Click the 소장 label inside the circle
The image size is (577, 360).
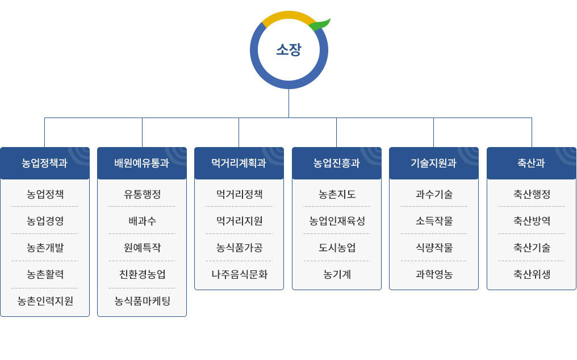coord(288,50)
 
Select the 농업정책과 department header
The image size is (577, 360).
coord(45,164)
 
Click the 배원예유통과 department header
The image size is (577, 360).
coord(142,164)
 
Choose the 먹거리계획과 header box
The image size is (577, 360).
coord(239,164)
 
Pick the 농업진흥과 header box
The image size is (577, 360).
coord(337,164)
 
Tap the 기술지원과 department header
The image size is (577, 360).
coord(434,164)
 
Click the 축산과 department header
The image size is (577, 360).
coord(532,164)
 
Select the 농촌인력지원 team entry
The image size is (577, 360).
coord(45,302)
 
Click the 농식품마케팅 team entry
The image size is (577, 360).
coord(143,302)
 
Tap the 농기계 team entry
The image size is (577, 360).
coord(337,275)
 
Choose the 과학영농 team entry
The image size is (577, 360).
coord(434,275)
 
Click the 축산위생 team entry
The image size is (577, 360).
coord(532,275)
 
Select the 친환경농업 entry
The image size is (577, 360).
coord(143,275)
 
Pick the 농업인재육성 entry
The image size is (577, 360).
coord(337,221)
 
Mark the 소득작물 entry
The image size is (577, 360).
coord(434,221)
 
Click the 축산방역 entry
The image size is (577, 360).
coord(532,221)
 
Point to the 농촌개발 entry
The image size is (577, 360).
coord(45,248)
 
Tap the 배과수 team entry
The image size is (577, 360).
coord(143,221)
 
